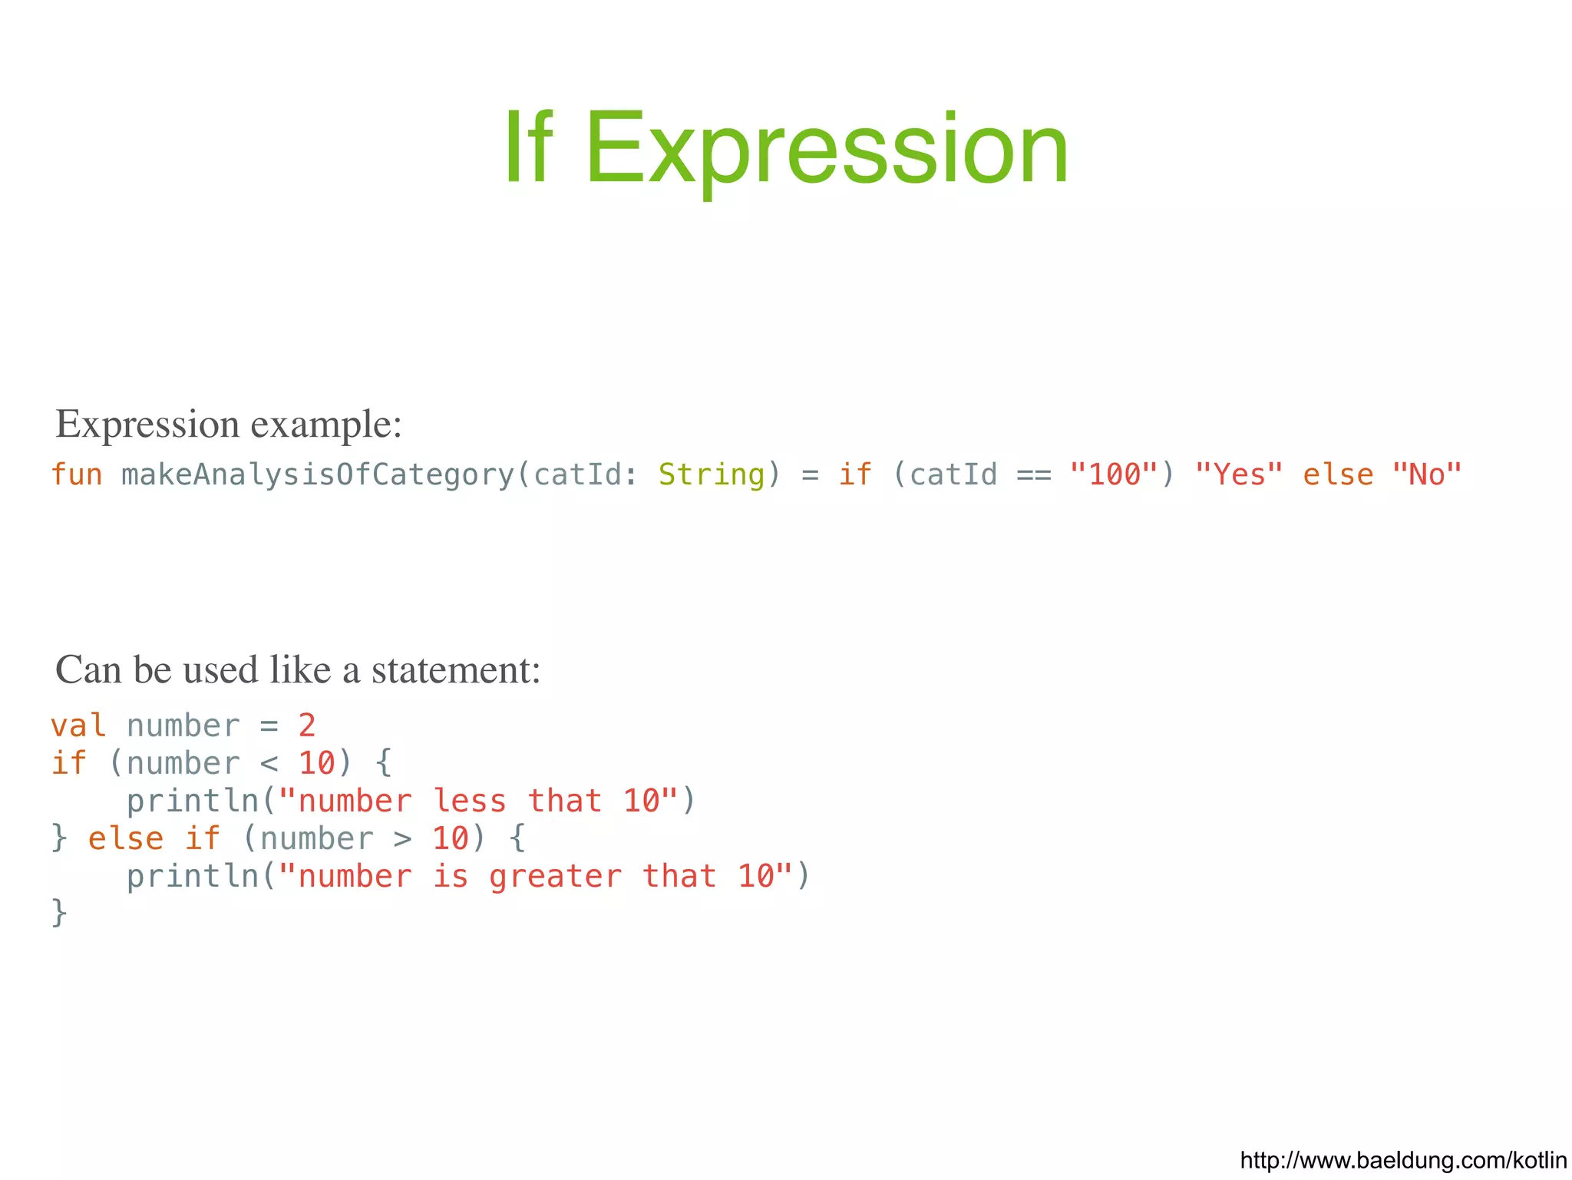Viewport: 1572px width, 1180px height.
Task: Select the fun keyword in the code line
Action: pyautogui.click(x=77, y=474)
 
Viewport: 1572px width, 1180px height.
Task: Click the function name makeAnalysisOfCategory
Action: pyautogui.click(x=317, y=474)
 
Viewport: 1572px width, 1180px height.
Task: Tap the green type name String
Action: pyautogui.click(x=712, y=474)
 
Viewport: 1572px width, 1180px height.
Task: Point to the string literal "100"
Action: pyautogui.click(x=1114, y=474)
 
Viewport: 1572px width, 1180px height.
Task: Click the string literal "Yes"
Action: pyautogui.click(x=1238, y=474)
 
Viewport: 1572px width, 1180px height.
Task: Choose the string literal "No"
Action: pyautogui.click(x=1426, y=474)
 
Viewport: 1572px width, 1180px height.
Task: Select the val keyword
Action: pyautogui.click(x=78, y=726)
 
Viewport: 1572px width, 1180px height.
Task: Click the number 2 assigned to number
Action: pyautogui.click(x=307, y=726)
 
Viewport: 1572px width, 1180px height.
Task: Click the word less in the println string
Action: pyautogui.click(x=469, y=801)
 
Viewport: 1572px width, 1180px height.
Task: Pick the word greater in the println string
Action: pyautogui.click(x=555, y=877)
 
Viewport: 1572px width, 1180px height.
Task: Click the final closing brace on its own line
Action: pyautogui.click(x=59, y=914)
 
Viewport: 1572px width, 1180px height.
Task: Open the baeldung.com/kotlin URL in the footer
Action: pyautogui.click(x=1402, y=1159)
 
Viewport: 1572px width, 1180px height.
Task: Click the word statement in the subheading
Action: pyautogui.click(x=456, y=669)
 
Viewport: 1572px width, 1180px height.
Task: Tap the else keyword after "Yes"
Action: pyautogui.click(x=1337, y=474)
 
